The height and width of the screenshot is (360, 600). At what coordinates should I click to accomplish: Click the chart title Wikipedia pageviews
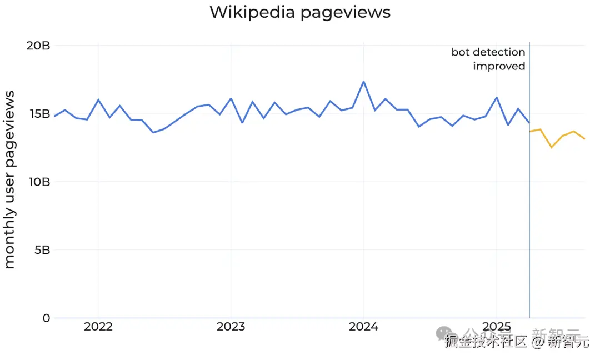299,12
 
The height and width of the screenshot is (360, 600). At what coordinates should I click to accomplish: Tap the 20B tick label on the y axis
38,46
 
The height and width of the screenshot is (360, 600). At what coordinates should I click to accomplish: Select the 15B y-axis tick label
38,114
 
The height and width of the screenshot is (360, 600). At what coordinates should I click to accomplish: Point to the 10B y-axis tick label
38,182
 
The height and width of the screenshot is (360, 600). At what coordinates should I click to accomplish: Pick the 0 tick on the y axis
47,318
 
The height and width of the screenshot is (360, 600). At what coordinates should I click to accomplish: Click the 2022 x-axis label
98,327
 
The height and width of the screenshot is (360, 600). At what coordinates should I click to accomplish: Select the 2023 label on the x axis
231,327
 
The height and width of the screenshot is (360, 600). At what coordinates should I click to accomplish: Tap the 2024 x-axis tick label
363,327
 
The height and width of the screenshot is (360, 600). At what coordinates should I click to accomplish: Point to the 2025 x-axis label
496,327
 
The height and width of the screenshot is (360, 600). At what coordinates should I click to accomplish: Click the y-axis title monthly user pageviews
9,179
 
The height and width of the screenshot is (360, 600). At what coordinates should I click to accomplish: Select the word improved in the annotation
499,66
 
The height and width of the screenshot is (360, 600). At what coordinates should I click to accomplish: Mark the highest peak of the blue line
363,82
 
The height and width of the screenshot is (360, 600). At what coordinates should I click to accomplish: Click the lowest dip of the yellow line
551,147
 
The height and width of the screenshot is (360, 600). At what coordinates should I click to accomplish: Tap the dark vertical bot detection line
529,222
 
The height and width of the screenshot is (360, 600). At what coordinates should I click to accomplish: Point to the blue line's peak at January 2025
496,98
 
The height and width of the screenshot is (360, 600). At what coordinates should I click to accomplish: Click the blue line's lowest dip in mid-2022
153,132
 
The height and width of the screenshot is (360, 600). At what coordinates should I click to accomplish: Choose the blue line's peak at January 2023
231,98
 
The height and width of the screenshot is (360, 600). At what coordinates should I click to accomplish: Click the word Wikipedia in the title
253,12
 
